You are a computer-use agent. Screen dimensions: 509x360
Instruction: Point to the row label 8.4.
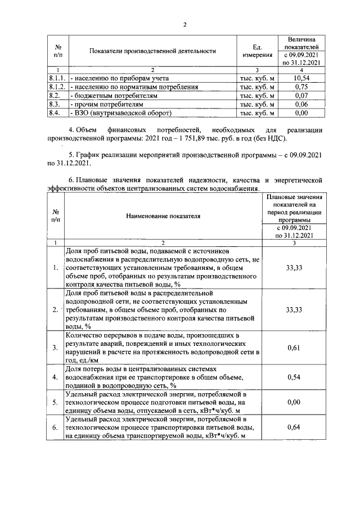coord(55,113)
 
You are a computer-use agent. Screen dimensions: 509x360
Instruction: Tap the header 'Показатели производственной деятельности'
coord(152,51)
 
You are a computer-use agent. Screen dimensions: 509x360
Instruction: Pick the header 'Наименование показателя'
coord(164,215)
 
